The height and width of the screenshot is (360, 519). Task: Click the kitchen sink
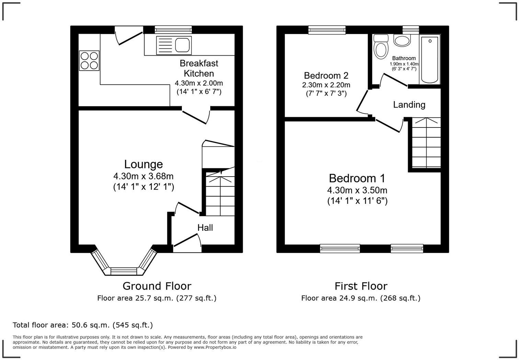pyautogui.click(x=173, y=45)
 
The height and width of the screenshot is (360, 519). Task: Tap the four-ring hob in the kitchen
pyautogui.click(x=89, y=60)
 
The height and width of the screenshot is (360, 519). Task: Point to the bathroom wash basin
pyautogui.click(x=402, y=41)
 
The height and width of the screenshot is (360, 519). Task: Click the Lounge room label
pyautogui.click(x=143, y=164)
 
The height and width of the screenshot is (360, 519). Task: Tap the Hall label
pyautogui.click(x=205, y=228)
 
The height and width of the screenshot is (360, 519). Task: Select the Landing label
pyautogui.click(x=409, y=104)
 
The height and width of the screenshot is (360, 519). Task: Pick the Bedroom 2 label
pyautogui.click(x=326, y=75)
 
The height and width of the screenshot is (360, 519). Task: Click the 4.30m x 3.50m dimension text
pyautogui.click(x=357, y=190)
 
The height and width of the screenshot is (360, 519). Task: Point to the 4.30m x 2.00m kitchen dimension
pyautogui.click(x=199, y=83)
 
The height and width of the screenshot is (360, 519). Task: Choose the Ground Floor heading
pyautogui.click(x=157, y=286)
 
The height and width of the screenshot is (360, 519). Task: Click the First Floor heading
pyautogui.click(x=361, y=286)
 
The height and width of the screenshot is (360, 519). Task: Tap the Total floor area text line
pyautogui.click(x=83, y=325)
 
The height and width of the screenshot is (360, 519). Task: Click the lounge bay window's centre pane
pyautogui.click(x=124, y=271)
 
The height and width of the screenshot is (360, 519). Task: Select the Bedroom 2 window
pyautogui.click(x=327, y=30)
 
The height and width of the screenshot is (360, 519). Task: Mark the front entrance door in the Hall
pyautogui.click(x=187, y=240)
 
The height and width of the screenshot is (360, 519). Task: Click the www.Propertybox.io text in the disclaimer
pyautogui.click(x=215, y=347)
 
